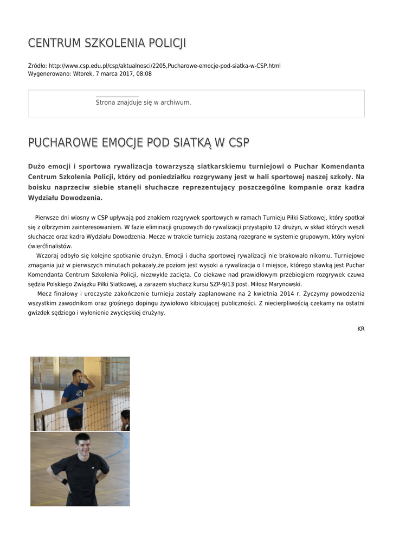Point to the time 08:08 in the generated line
(144, 74)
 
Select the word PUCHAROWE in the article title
(60, 143)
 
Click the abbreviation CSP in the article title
(239, 143)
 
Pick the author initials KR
(361, 329)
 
